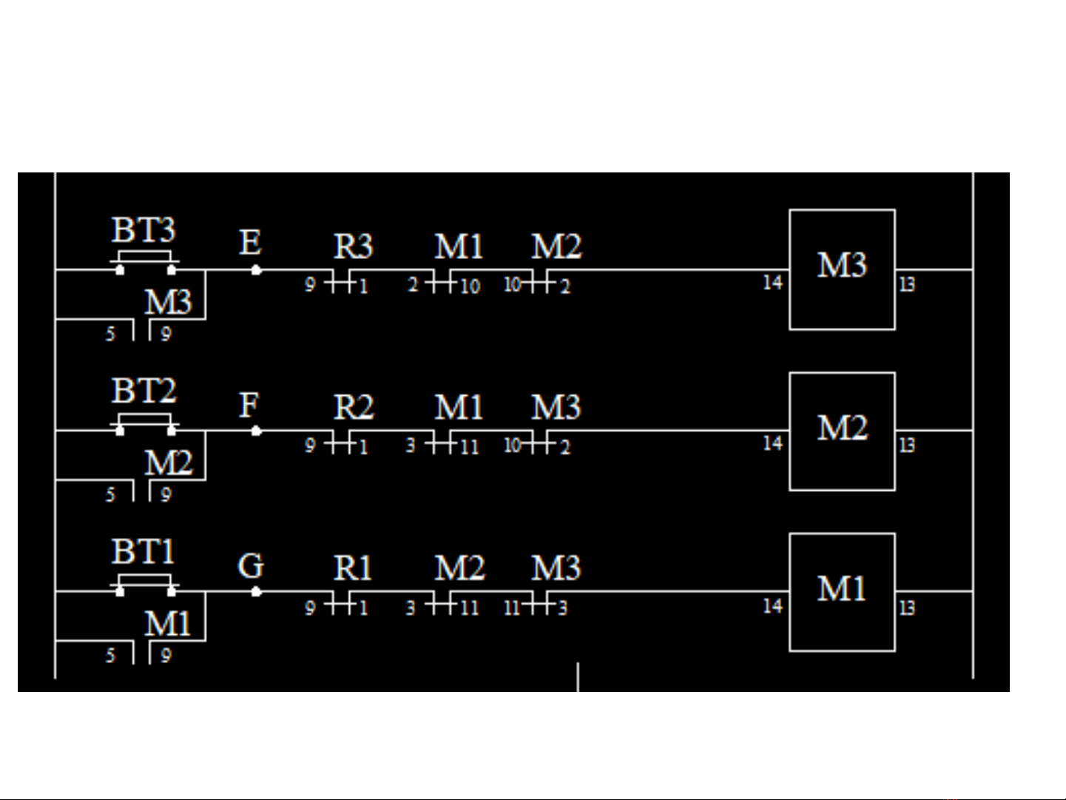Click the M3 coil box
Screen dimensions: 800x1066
point(842,269)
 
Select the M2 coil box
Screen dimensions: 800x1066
point(842,431)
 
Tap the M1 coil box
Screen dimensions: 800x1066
point(842,592)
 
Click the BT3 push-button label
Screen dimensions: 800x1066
point(144,230)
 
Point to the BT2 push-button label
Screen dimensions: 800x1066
point(144,391)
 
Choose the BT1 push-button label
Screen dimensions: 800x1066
point(144,552)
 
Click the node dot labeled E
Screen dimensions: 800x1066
point(256,270)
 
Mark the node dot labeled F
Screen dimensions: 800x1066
point(256,431)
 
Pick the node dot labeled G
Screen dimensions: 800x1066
point(256,591)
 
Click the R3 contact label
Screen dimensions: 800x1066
point(353,246)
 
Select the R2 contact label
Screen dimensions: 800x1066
point(353,407)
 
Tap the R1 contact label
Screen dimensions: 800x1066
point(353,568)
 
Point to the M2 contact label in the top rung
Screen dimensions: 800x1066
point(556,246)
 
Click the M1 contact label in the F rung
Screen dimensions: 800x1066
point(459,407)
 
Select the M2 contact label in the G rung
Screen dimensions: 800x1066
point(459,568)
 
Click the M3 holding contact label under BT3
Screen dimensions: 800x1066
point(168,302)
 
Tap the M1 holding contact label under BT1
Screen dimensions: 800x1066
point(168,624)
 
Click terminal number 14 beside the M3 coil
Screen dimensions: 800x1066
point(772,283)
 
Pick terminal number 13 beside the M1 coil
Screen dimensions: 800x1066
point(907,608)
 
